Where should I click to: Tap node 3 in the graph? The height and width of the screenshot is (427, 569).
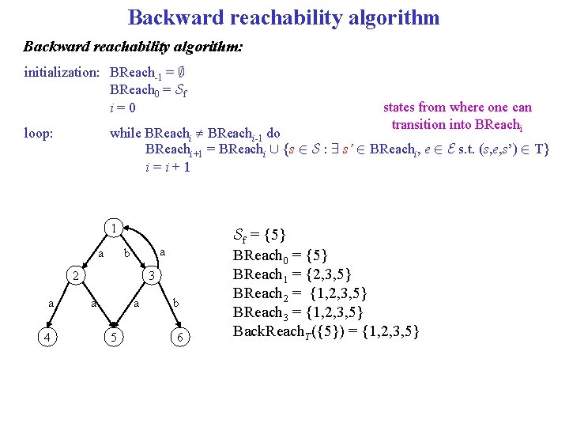click(153, 276)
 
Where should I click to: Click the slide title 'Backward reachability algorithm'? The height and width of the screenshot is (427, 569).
click(284, 17)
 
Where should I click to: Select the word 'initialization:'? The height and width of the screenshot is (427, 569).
click(62, 72)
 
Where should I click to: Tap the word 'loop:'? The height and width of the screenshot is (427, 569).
click(39, 133)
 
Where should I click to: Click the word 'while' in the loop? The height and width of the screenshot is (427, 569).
click(126, 133)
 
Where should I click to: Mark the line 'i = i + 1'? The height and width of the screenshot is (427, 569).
click(168, 167)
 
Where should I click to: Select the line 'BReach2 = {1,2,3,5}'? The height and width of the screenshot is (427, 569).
click(300, 293)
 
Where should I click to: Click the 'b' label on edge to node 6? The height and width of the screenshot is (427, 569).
click(176, 303)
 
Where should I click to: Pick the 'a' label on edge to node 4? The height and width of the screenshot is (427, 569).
click(51, 303)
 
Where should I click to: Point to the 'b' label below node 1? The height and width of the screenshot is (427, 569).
click(126, 253)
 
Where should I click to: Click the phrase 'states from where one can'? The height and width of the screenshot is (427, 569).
click(457, 107)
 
